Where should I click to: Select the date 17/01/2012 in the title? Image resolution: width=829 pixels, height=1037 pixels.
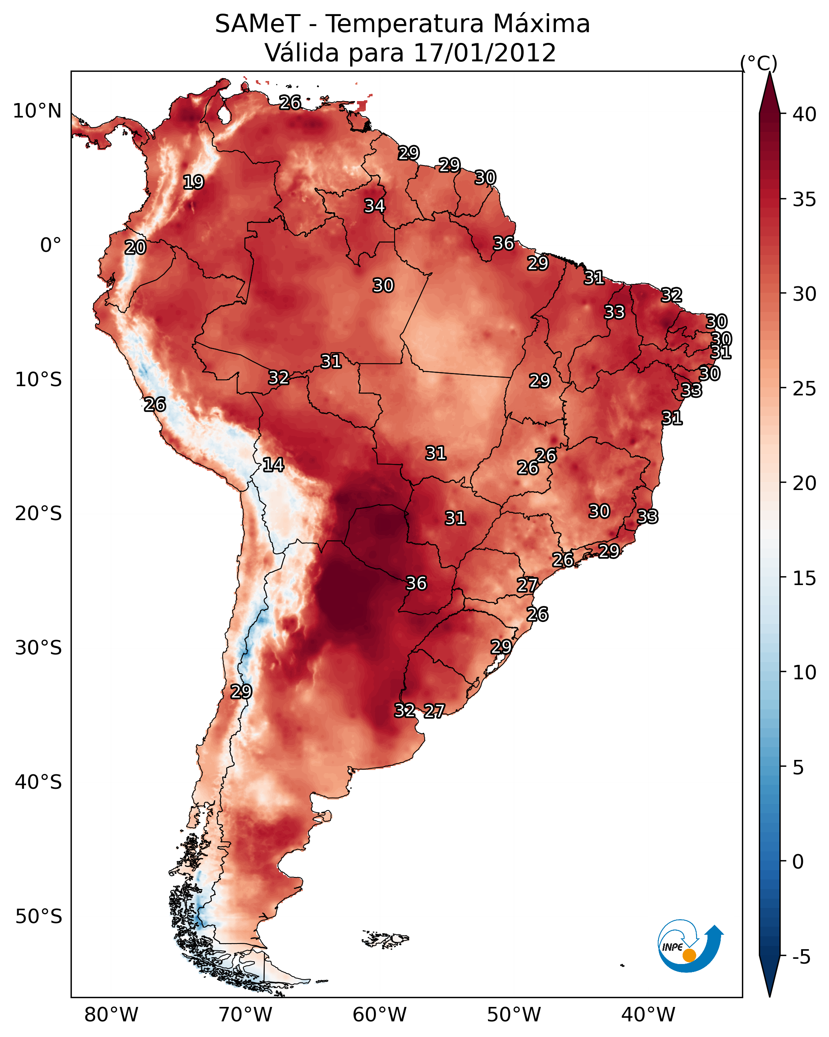[484, 53]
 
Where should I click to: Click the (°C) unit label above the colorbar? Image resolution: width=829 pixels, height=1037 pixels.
[758, 63]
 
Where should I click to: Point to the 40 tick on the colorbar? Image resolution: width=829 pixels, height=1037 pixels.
[805, 114]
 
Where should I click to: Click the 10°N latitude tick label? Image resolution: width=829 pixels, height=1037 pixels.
[37, 111]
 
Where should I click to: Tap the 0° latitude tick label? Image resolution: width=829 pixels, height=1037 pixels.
[51, 245]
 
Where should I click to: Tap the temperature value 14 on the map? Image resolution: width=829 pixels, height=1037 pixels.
[273, 465]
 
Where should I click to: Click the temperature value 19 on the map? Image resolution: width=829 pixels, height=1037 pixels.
[193, 182]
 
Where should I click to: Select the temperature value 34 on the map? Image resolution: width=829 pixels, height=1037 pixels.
[374, 206]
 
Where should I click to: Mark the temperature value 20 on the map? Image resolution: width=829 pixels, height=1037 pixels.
[135, 248]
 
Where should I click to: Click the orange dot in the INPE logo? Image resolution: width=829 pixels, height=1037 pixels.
[689, 955]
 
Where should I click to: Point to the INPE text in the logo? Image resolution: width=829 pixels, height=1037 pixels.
[672, 947]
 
